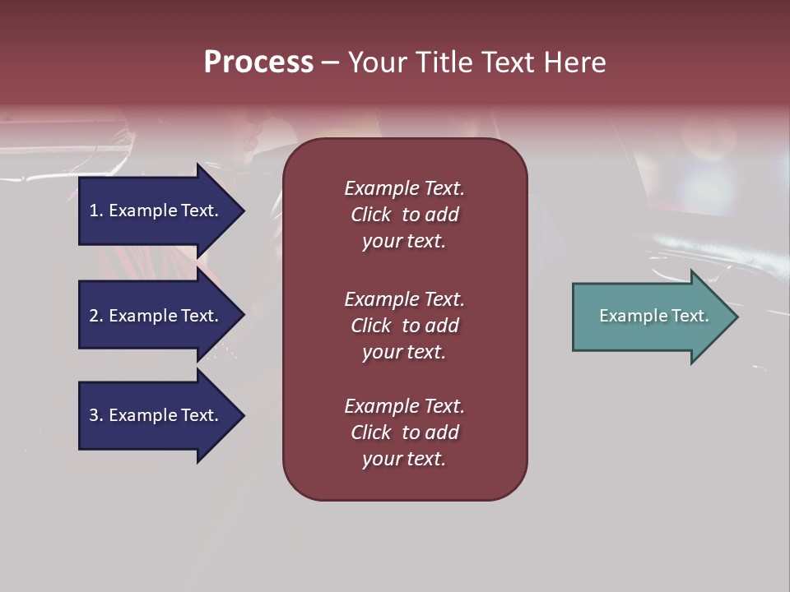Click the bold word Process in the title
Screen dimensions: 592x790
click(x=258, y=62)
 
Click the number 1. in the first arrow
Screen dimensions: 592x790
click(x=95, y=210)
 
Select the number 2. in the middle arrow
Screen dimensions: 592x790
click(x=95, y=316)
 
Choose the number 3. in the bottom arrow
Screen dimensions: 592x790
click(x=95, y=415)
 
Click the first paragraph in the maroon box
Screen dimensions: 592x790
click(x=404, y=215)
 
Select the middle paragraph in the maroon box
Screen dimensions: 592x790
click(x=404, y=326)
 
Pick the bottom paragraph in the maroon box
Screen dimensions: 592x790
click(x=404, y=432)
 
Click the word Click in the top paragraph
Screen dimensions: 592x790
click(x=370, y=215)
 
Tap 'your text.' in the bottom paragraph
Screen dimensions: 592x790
click(x=404, y=460)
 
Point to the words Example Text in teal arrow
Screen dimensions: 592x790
click(x=653, y=316)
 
